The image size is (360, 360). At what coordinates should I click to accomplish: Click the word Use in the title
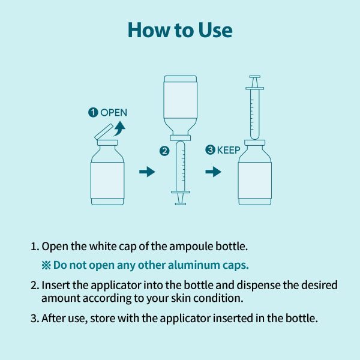pyautogui.click(x=215, y=31)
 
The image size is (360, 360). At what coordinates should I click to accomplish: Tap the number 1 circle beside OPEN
pyautogui.click(x=93, y=113)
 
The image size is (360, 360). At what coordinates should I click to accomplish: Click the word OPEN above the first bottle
pyautogui.click(x=114, y=113)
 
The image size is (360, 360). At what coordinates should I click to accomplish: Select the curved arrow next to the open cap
pyautogui.click(x=120, y=128)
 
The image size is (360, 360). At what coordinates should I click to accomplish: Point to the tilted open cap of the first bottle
pyautogui.click(x=104, y=131)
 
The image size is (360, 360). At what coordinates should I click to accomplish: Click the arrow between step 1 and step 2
pyautogui.click(x=147, y=172)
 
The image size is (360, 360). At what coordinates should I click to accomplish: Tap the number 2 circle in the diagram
pyautogui.click(x=164, y=151)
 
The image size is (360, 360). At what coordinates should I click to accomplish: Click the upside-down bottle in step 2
pyautogui.click(x=181, y=108)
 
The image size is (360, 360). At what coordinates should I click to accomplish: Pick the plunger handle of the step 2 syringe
pyautogui.click(x=181, y=198)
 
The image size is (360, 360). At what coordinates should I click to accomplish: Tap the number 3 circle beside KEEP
pyautogui.click(x=210, y=149)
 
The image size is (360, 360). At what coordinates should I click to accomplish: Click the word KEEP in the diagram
pyautogui.click(x=229, y=150)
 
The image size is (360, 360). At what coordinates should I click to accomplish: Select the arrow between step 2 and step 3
pyautogui.click(x=213, y=172)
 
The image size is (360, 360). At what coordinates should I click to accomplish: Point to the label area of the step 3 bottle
pyautogui.click(x=255, y=181)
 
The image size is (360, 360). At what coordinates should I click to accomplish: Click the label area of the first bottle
pyautogui.click(x=107, y=181)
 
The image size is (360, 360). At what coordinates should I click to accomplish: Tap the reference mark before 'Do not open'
pyautogui.click(x=46, y=265)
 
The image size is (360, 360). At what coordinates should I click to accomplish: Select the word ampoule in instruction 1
pyautogui.click(x=191, y=247)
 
